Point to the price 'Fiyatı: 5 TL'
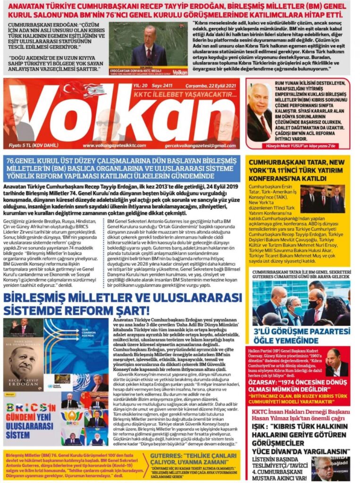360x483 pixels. click(x=29, y=146)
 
